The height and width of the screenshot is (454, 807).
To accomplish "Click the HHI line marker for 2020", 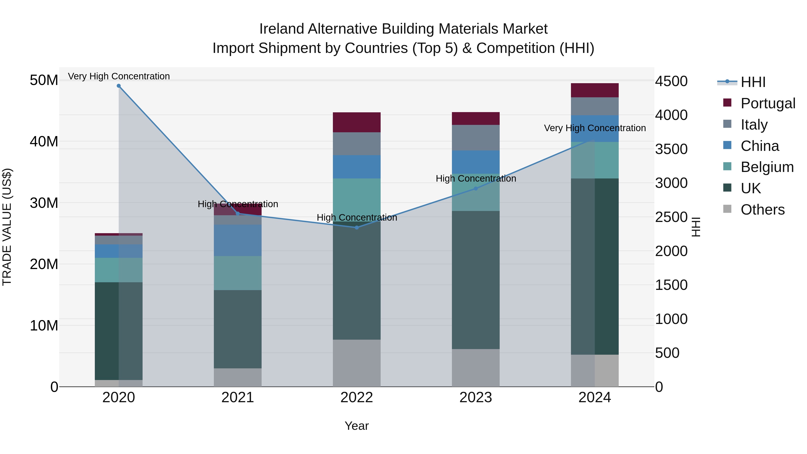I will pyautogui.click(x=119, y=86).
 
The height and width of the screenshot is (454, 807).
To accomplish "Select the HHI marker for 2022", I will pyautogui.click(x=356, y=228).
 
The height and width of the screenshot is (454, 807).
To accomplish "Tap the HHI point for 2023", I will pyautogui.click(x=475, y=189).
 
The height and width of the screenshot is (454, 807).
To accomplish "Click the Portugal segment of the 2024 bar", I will pyautogui.click(x=594, y=90).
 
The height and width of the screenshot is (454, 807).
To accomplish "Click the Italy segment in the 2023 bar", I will pyautogui.click(x=475, y=138).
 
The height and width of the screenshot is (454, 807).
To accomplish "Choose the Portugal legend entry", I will pyautogui.click(x=768, y=103).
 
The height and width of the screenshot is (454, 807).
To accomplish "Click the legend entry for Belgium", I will pyautogui.click(x=767, y=167).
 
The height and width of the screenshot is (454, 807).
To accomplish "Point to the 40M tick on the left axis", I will pyautogui.click(x=44, y=142).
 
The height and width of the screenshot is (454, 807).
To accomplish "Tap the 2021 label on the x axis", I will pyautogui.click(x=237, y=398).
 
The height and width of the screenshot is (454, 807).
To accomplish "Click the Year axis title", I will pyautogui.click(x=356, y=426).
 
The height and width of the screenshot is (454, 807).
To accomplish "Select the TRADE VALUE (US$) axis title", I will pyautogui.click(x=7, y=227).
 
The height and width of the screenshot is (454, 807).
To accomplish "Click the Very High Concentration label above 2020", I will pyautogui.click(x=119, y=76).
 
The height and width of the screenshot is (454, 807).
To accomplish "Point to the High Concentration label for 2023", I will pyautogui.click(x=475, y=179).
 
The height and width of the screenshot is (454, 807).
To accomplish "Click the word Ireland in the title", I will pyautogui.click(x=281, y=29).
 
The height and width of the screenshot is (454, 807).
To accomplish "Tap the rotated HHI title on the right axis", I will pyautogui.click(x=696, y=227).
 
